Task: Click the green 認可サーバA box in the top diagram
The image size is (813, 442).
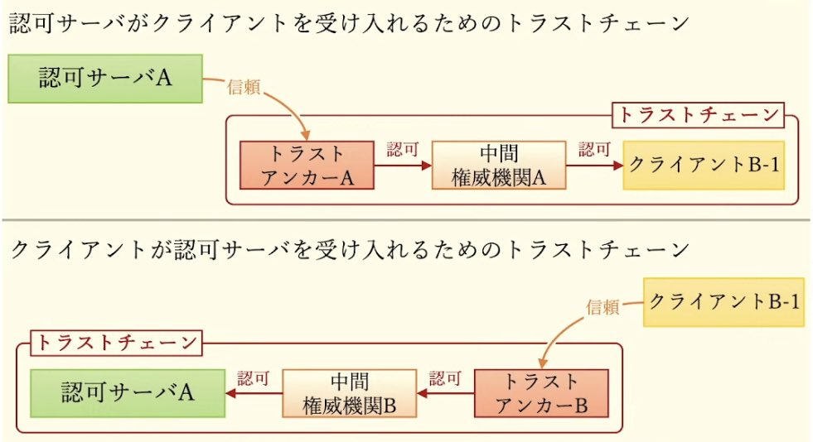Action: (104, 79)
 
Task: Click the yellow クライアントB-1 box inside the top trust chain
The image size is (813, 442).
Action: (703, 165)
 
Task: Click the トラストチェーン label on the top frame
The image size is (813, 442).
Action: (698, 115)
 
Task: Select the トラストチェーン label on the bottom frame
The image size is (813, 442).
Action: (116, 342)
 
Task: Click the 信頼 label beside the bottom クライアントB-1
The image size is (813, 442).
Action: (602, 306)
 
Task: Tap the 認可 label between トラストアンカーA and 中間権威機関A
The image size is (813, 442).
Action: (403, 150)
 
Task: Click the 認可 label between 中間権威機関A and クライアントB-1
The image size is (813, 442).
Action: (594, 150)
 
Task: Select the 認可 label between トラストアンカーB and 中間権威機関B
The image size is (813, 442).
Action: (445, 379)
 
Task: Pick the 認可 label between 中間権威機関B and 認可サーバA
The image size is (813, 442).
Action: (254, 379)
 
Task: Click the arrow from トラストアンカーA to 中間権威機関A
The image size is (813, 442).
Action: (403, 166)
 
